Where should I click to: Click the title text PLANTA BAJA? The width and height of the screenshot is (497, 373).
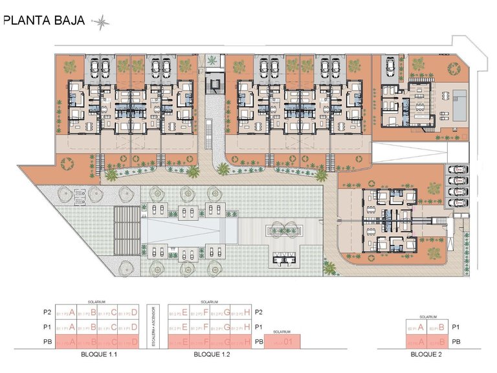coord(44,19)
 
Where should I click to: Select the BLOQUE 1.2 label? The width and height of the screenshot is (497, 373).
coord(212,356)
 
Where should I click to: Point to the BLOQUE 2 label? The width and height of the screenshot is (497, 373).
coord(425,356)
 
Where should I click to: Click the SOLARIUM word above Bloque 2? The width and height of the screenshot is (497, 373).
coord(425,317)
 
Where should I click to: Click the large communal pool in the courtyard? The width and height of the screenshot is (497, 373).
coord(191,229)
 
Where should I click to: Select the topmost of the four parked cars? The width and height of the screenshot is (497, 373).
coord(458,171)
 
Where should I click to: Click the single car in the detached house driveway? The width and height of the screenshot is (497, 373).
coord(392,66)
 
